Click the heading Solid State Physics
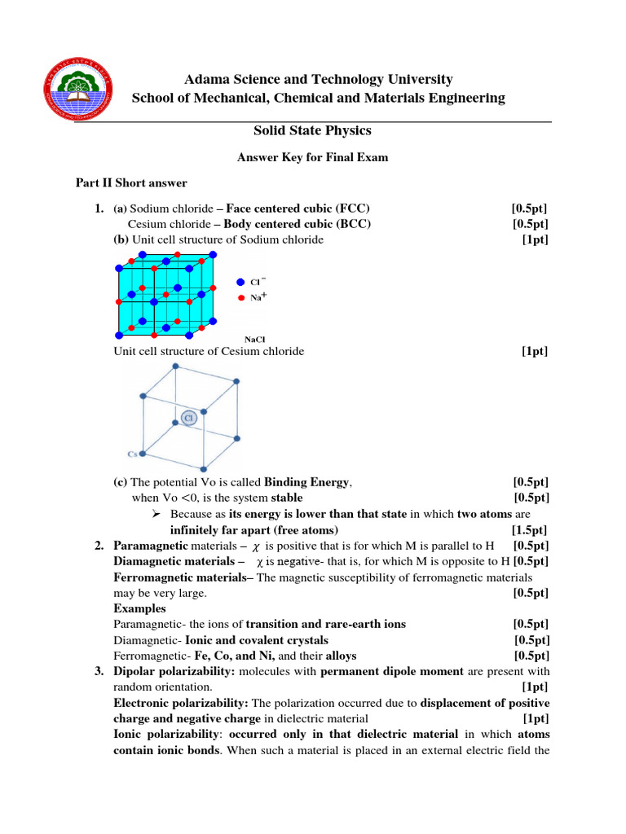(313, 130)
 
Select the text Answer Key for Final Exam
(312, 157)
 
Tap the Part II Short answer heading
(131, 182)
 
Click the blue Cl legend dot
(240, 281)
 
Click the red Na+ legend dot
(240, 298)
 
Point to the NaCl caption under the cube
(254, 339)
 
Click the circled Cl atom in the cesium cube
(188, 418)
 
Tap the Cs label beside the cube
(131, 454)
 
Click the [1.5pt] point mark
(530, 529)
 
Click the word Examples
(139, 608)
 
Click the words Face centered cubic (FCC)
(292, 208)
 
